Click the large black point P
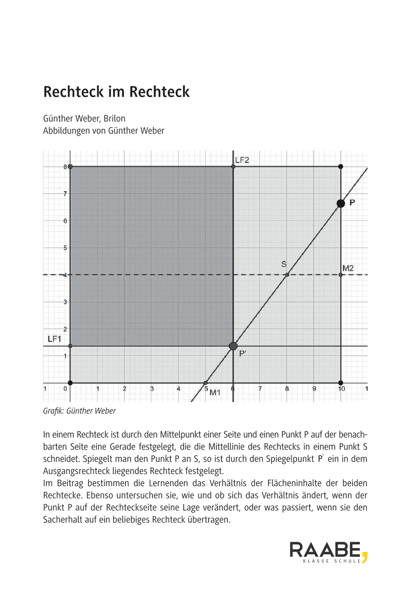pos(341,203)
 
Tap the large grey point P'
pos(233,346)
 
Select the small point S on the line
pos(287,275)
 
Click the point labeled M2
pos(341,275)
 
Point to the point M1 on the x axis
pos(206,383)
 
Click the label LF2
pos(242,160)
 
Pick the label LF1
pos(54,339)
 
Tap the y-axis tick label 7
pos(64,194)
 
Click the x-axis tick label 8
pos(287,389)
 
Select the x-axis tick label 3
pos(152,389)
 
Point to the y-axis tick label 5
pos(64,248)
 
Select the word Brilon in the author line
pos(114,119)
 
